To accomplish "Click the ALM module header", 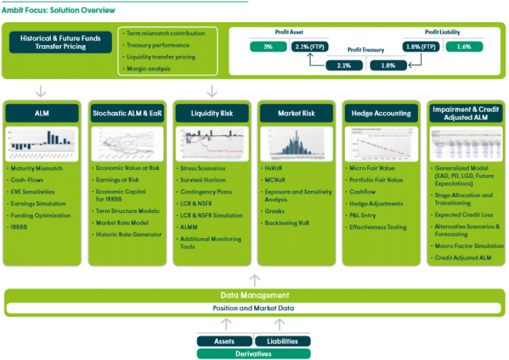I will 42,113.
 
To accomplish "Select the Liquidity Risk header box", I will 212,113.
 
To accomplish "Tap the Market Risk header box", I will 296,113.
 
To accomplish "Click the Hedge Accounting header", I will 381,113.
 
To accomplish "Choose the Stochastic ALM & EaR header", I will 127,113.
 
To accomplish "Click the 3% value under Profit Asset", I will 268,46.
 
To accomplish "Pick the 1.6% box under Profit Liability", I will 464,46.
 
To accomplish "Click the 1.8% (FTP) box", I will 421,46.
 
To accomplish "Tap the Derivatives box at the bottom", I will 253,354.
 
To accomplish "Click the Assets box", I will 224,341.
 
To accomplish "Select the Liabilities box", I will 282,341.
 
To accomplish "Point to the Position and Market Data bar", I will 254,308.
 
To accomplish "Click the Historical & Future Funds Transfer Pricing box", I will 60,43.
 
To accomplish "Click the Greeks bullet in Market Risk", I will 275,211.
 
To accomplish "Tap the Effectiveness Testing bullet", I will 377,227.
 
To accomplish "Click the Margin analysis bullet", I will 148,69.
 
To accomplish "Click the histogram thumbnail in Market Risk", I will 296,143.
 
